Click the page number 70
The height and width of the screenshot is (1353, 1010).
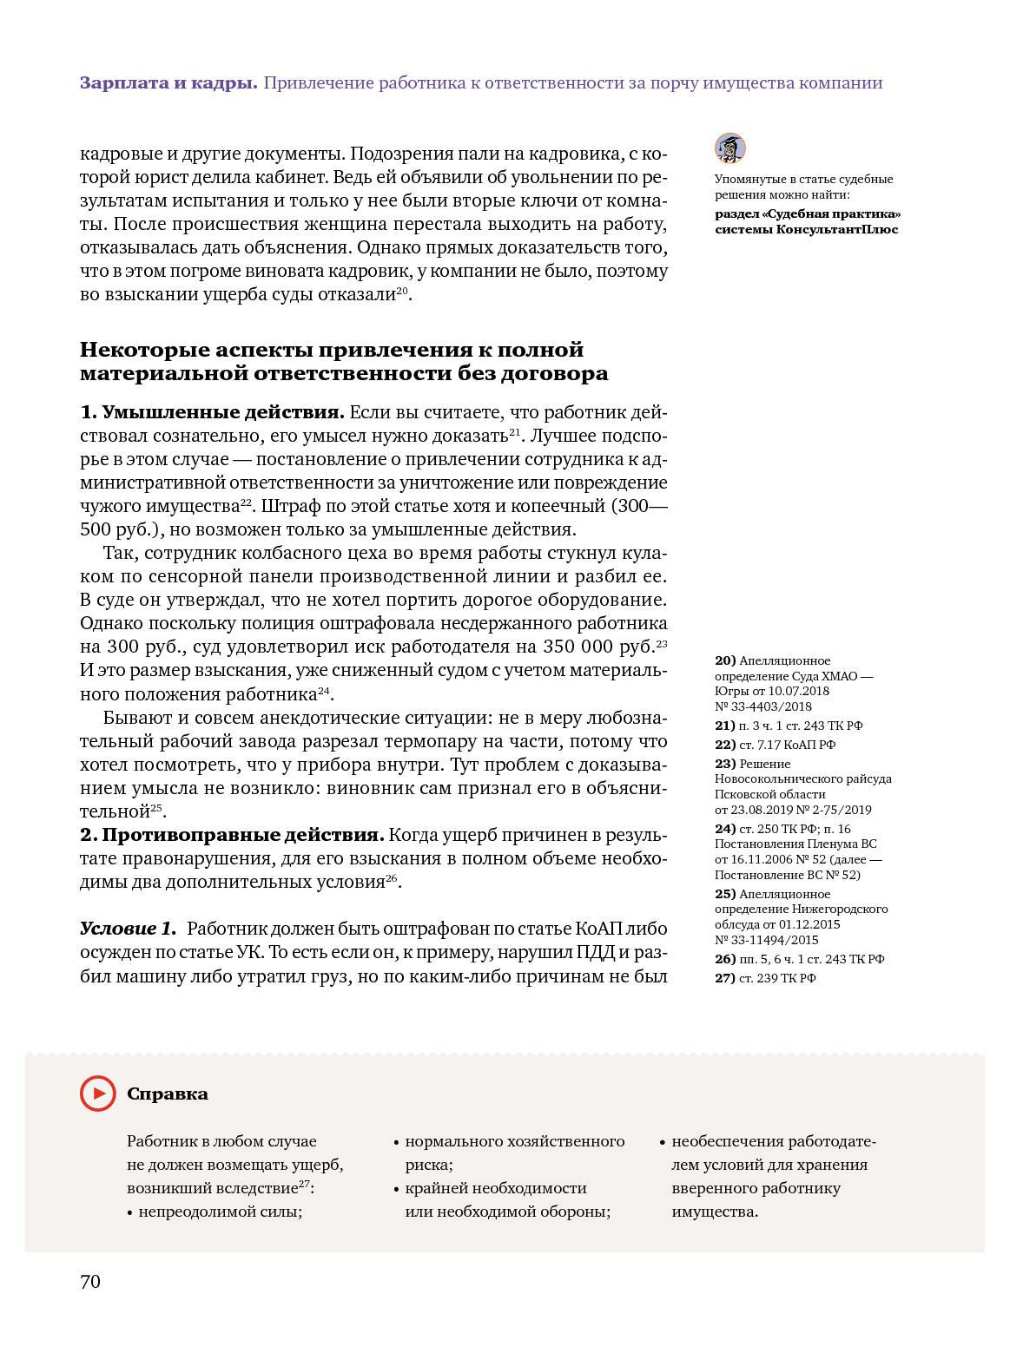point(90,1282)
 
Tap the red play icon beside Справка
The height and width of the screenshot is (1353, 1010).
point(98,1094)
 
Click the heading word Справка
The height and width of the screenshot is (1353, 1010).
point(168,1094)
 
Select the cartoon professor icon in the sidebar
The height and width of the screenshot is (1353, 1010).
point(730,148)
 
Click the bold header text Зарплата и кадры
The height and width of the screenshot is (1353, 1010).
point(168,83)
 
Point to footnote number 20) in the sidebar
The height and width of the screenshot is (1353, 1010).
point(725,661)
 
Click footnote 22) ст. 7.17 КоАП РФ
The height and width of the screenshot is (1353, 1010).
point(775,745)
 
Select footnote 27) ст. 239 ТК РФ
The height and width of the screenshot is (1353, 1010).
point(765,978)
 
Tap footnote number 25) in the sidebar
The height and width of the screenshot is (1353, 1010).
point(725,894)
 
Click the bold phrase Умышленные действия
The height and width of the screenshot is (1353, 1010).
point(223,412)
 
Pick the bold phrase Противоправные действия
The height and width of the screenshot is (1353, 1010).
point(243,835)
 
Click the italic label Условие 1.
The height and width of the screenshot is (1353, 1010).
point(128,929)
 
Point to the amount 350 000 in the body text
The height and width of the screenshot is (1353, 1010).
point(577,647)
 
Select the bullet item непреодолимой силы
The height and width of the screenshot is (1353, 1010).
point(220,1212)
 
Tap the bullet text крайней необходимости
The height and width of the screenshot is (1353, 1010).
point(496,1188)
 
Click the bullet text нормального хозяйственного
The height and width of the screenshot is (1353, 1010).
point(515,1141)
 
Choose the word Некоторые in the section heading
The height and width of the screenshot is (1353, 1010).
point(144,350)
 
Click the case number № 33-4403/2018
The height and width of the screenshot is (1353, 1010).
point(763,706)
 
